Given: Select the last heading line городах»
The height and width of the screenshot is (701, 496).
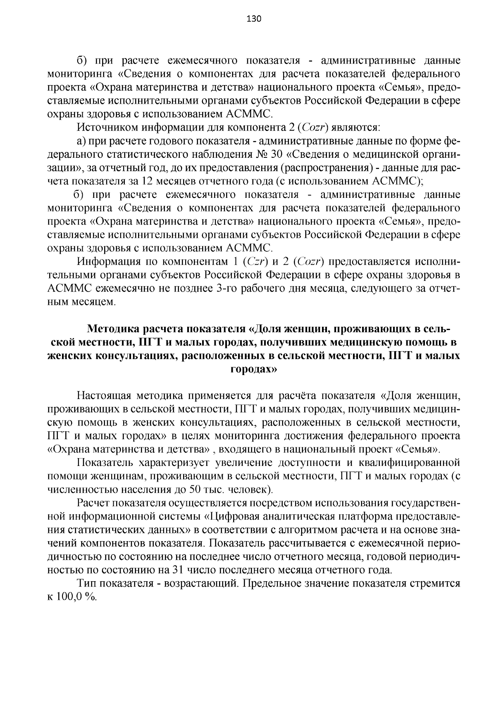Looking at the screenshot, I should (x=253, y=369).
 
